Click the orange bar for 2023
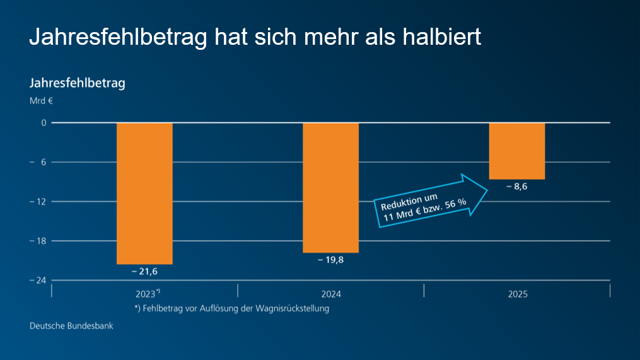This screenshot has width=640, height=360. click(x=144, y=193)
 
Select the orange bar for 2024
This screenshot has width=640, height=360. click(x=330, y=187)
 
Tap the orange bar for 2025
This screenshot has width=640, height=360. click(x=517, y=151)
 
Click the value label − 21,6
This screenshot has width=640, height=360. click(x=144, y=271)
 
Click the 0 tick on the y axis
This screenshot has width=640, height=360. click(x=44, y=123)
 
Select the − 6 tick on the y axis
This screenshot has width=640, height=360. click(x=41, y=162)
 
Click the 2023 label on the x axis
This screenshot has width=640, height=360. click(x=146, y=294)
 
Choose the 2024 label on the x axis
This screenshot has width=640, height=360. click(x=330, y=294)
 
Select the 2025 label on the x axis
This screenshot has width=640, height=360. click(x=517, y=294)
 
